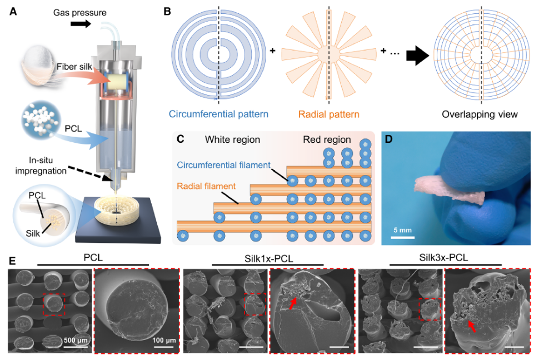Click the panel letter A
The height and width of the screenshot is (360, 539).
tap(13, 12)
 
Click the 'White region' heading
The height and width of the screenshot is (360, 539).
tap(232, 139)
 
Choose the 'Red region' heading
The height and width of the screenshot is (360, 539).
tap(327, 139)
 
